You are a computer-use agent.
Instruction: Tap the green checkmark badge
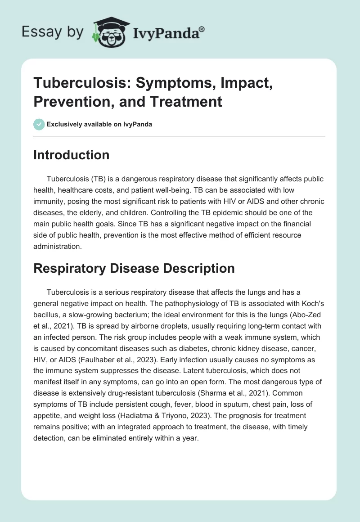tap(39, 124)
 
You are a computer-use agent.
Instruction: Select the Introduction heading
tap(71, 155)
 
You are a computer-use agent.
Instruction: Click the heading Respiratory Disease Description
tap(134, 268)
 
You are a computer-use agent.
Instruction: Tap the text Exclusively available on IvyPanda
tap(99, 125)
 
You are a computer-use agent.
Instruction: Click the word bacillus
tap(47, 313)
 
